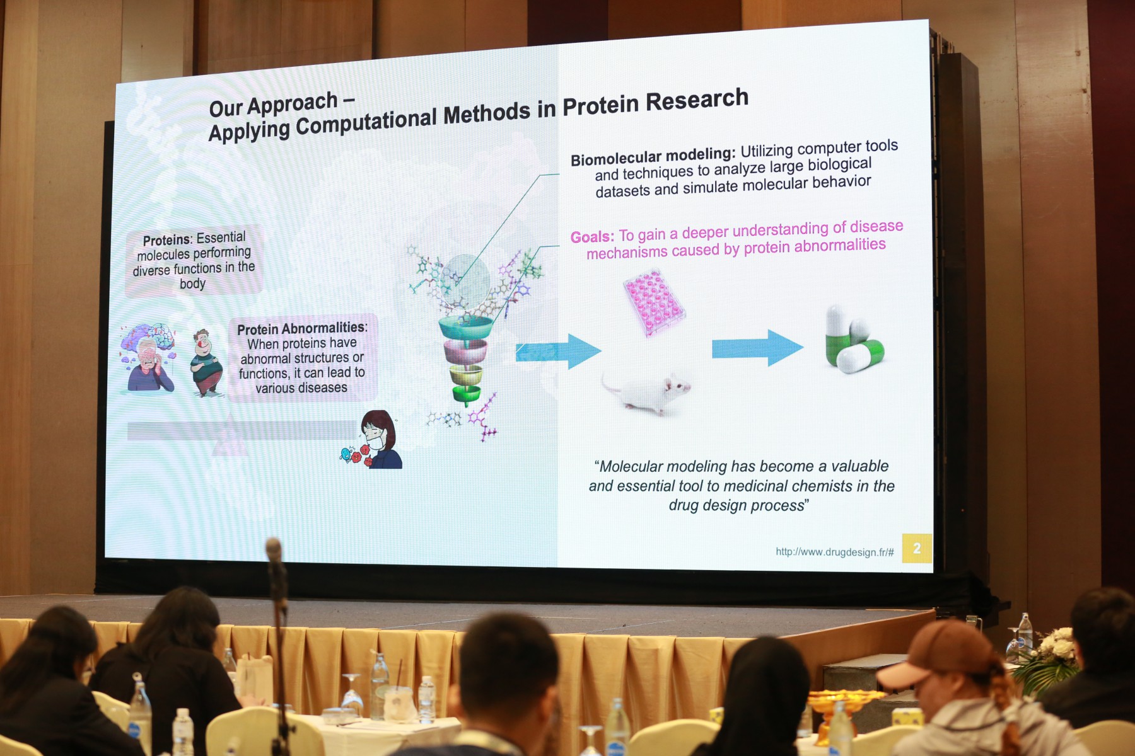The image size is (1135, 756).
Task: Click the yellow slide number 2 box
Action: [x=917, y=548]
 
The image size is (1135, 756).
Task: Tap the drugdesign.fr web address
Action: [x=834, y=552]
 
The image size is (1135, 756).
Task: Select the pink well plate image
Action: [x=654, y=302]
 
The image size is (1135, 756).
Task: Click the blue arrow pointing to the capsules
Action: [x=757, y=348]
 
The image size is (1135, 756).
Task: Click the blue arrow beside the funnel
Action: [x=558, y=351]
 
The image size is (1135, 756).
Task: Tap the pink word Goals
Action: [x=592, y=237]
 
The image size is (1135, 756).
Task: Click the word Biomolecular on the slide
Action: [x=619, y=157]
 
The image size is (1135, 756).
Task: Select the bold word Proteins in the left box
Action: [x=166, y=240]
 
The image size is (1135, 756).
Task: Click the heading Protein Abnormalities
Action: [x=302, y=328]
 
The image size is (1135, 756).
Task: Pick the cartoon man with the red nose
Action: [x=206, y=363]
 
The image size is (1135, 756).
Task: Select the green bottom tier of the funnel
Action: [x=467, y=394]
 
